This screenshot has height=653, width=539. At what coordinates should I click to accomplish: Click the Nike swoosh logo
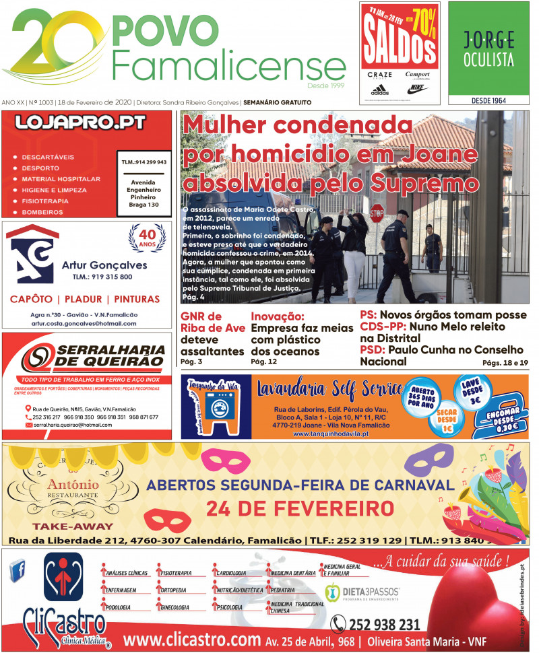point(416,88)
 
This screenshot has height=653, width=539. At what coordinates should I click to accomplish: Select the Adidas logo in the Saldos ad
point(379,89)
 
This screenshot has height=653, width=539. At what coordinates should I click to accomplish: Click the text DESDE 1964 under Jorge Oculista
point(489,100)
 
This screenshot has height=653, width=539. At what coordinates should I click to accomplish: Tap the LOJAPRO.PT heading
point(86,123)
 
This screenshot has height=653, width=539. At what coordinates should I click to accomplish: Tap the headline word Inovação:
point(278,315)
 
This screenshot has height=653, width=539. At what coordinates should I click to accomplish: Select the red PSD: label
point(372,349)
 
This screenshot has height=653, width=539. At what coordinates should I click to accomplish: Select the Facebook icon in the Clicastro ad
point(19,572)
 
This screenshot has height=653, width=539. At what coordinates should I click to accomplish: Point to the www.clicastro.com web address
point(192,639)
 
